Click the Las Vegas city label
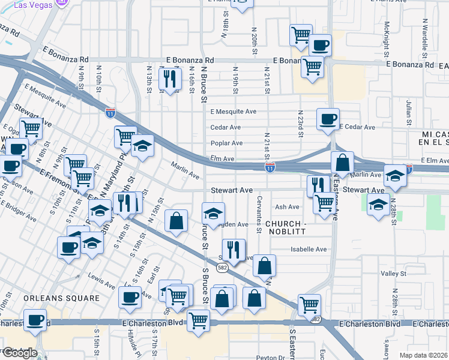31,4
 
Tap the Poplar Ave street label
226,143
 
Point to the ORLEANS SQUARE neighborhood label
62,298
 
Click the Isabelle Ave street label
309,249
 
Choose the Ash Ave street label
286,207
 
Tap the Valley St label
394,274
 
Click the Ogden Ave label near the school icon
234,224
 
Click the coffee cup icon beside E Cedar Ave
328,119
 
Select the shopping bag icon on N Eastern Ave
342,163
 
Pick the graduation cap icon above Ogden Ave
212,214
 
